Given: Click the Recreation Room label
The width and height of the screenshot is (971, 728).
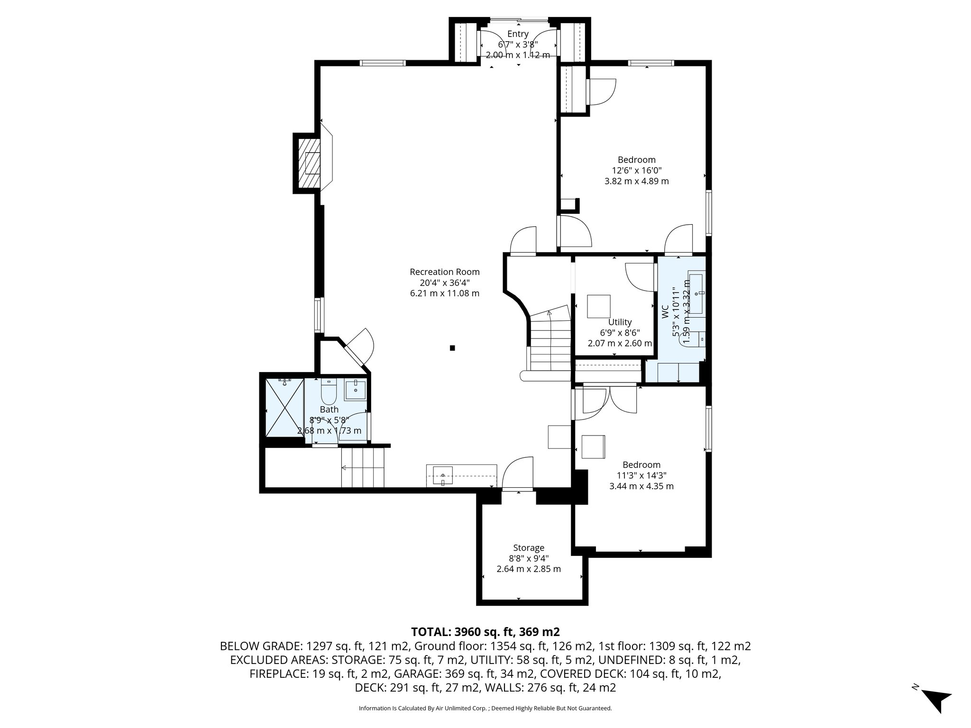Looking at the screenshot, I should click(x=444, y=272).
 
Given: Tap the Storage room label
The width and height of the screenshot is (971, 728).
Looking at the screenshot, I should click(x=528, y=548).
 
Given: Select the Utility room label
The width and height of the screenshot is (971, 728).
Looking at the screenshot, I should click(x=620, y=322).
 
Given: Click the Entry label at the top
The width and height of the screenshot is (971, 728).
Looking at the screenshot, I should click(x=518, y=34).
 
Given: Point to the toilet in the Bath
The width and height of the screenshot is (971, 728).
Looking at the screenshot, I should click(x=329, y=391).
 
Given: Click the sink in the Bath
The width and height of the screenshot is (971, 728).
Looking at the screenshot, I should click(x=355, y=390).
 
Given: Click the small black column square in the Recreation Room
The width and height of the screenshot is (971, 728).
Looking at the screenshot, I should click(x=452, y=348).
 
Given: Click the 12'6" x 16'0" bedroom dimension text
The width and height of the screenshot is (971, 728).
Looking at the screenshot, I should click(x=636, y=171).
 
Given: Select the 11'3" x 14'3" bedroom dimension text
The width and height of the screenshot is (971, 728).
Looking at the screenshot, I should click(x=641, y=475).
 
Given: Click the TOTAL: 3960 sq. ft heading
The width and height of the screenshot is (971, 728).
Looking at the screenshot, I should click(x=485, y=632).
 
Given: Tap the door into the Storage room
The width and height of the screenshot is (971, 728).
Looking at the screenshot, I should click(x=518, y=474).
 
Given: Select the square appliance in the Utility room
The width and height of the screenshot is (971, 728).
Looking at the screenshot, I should click(x=599, y=306).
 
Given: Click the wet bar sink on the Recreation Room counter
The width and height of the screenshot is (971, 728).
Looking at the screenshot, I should click(x=442, y=475).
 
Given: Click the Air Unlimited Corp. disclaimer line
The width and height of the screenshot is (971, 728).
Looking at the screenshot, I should click(x=485, y=708).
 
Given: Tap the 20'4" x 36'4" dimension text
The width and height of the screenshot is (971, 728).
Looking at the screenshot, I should click(x=444, y=282).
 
